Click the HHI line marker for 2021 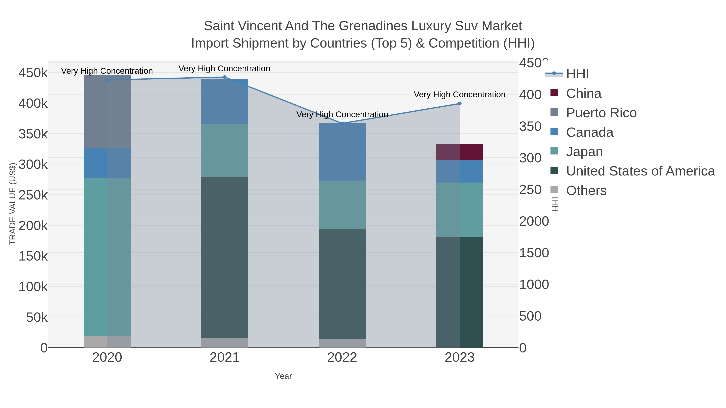225,77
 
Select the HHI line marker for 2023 460,104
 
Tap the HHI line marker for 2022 342,123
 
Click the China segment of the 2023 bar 460,152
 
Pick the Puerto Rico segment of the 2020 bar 107,111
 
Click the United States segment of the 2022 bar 342,284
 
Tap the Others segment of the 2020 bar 107,342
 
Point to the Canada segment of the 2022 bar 342,152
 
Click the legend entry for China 583,93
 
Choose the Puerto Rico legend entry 601,113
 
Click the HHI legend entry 577,74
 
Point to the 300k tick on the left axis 33,164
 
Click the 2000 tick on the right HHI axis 534,221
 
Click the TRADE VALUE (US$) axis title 13,204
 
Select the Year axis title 283,376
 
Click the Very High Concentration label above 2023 459,95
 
